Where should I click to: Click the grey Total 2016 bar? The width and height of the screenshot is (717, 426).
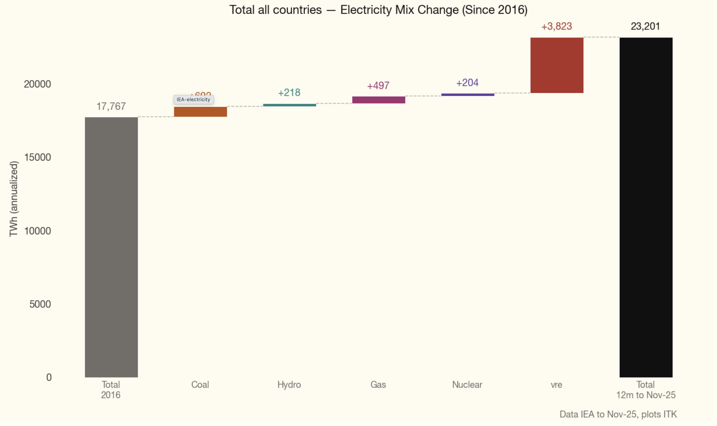111,247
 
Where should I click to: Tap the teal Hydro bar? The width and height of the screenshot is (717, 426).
289,105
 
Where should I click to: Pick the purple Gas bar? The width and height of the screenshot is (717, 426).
378,100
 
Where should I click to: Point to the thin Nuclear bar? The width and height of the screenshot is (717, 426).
467,94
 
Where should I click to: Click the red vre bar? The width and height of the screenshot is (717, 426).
557,65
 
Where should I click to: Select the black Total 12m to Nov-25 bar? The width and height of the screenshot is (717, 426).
646,207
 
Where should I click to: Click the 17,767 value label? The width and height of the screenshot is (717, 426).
111,107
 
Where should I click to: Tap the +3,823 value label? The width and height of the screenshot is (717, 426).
557,26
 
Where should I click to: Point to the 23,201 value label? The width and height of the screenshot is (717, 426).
645,26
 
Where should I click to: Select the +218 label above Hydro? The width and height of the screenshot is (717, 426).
289,92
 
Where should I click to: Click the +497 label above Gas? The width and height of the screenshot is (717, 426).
378,86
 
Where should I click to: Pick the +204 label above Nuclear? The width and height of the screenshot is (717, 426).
467,83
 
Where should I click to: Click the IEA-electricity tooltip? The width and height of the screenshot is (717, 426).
193,99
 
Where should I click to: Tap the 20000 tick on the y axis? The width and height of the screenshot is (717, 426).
37,84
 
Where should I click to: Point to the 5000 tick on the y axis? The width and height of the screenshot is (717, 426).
40,304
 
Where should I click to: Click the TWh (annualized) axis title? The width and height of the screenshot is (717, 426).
14,199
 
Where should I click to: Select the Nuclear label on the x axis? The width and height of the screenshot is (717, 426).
467,384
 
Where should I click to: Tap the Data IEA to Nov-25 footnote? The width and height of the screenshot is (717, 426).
618,414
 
